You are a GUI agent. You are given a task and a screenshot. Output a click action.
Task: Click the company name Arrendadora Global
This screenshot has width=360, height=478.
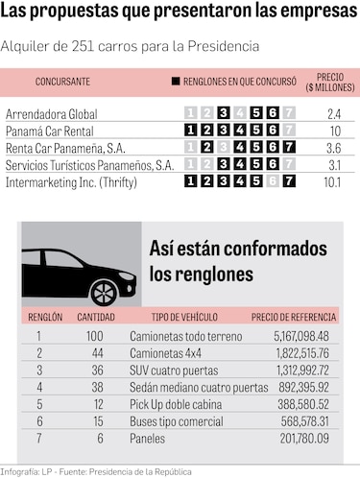pyautogui.click(x=52, y=114)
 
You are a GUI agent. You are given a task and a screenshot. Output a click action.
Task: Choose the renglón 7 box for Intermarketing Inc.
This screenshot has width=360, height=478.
pyautogui.click(x=289, y=179)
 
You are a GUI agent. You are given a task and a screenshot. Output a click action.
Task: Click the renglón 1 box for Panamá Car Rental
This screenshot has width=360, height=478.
pyautogui.click(x=191, y=131)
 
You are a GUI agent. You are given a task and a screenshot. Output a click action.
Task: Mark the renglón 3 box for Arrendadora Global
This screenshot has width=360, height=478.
pyautogui.click(x=224, y=114)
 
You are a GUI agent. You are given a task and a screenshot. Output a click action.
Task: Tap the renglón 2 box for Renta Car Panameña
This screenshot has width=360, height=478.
pyautogui.click(x=207, y=147)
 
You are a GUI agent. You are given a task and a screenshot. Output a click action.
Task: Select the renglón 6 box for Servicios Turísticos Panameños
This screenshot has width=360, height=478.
pyautogui.click(x=273, y=163)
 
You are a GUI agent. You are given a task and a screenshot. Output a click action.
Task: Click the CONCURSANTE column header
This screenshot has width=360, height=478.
pyautogui.click(x=63, y=81)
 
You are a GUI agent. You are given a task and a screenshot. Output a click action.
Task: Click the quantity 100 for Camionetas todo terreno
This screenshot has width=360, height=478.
pyautogui.click(x=95, y=335)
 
